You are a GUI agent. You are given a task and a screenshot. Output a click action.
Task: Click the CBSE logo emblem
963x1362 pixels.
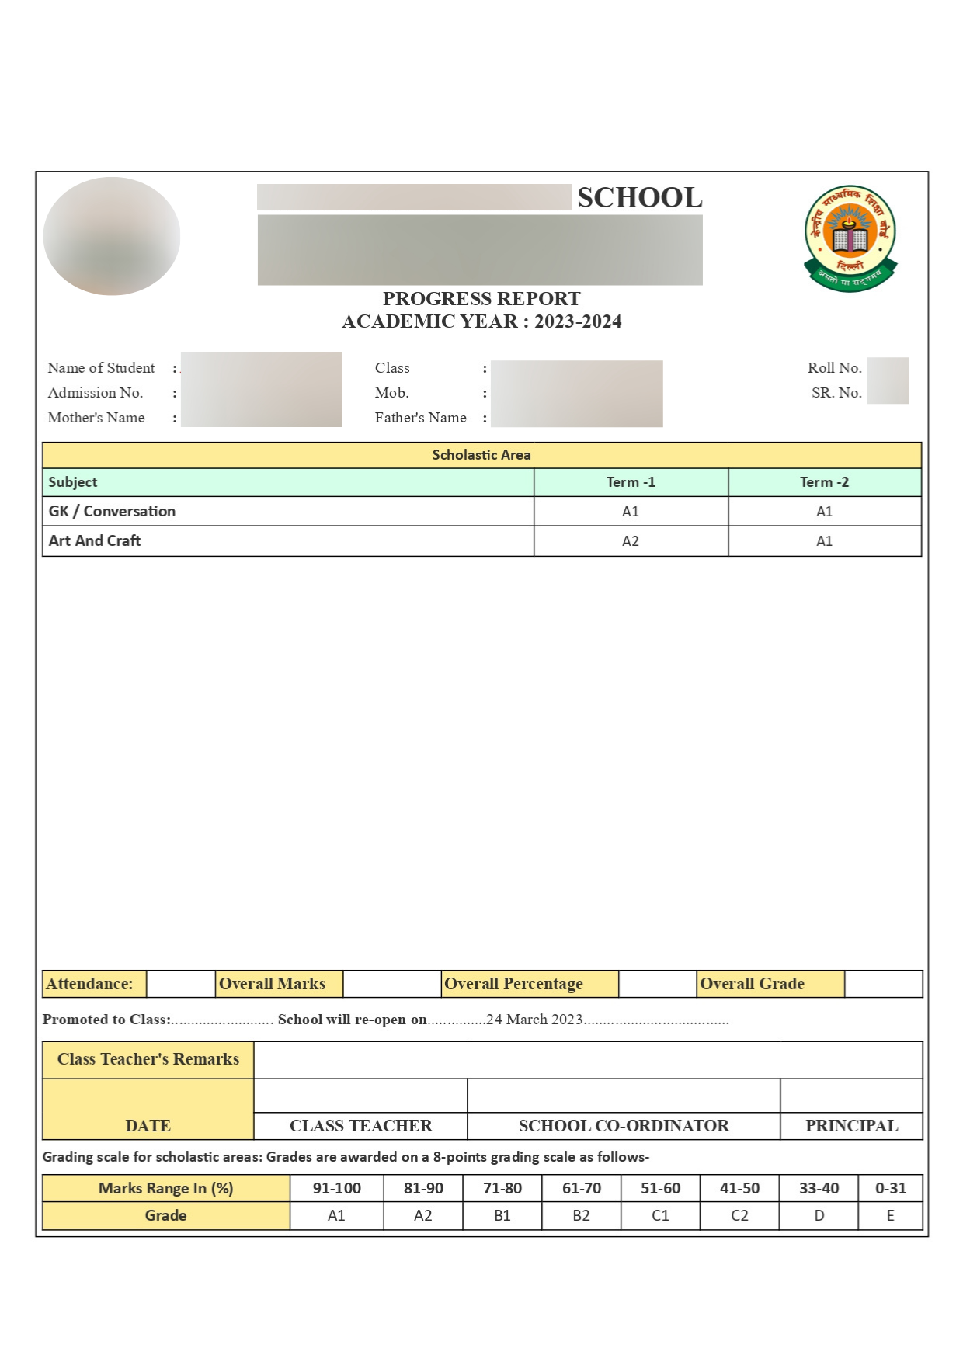pos(850,238)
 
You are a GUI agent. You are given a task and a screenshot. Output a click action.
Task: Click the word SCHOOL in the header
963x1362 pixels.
pos(639,198)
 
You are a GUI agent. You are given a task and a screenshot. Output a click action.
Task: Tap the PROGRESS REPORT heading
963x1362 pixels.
pos(481,299)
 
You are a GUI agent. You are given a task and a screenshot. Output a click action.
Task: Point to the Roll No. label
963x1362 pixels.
pos(834,368)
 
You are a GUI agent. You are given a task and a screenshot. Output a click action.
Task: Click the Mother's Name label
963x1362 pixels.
pos(96,418)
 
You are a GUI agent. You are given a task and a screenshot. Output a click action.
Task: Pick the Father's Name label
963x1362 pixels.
pos(420,418)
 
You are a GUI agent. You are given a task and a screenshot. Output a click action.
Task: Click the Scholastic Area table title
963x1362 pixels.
pos(481,455)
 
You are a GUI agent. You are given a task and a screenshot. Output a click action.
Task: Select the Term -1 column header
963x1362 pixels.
pos(631,482)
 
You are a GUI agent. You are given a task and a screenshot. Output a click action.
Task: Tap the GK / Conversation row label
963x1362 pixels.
pos(112,511)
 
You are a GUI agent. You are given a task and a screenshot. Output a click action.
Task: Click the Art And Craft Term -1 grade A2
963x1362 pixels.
pos(631,541)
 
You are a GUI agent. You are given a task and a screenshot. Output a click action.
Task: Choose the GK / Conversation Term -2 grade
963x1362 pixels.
pos(824,512)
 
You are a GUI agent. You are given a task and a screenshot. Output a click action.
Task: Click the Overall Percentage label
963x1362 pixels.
pos(513,984)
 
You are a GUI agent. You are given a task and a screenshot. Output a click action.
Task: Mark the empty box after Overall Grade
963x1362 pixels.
pos(883,984)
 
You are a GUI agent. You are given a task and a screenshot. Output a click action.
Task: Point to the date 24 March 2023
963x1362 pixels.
pos(534,1020)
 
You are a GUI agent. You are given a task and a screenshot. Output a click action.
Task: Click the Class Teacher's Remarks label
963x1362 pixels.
pos(148,1059)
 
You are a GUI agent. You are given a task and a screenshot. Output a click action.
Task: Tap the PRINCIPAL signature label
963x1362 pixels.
pos(851,1126)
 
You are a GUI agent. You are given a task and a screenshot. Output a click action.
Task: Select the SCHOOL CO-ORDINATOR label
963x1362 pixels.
pos(624,1126)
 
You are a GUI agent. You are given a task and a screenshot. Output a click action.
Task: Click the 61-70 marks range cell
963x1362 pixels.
pos(581,1188)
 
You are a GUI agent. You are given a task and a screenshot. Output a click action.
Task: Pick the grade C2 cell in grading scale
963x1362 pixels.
pos(739,1215)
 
